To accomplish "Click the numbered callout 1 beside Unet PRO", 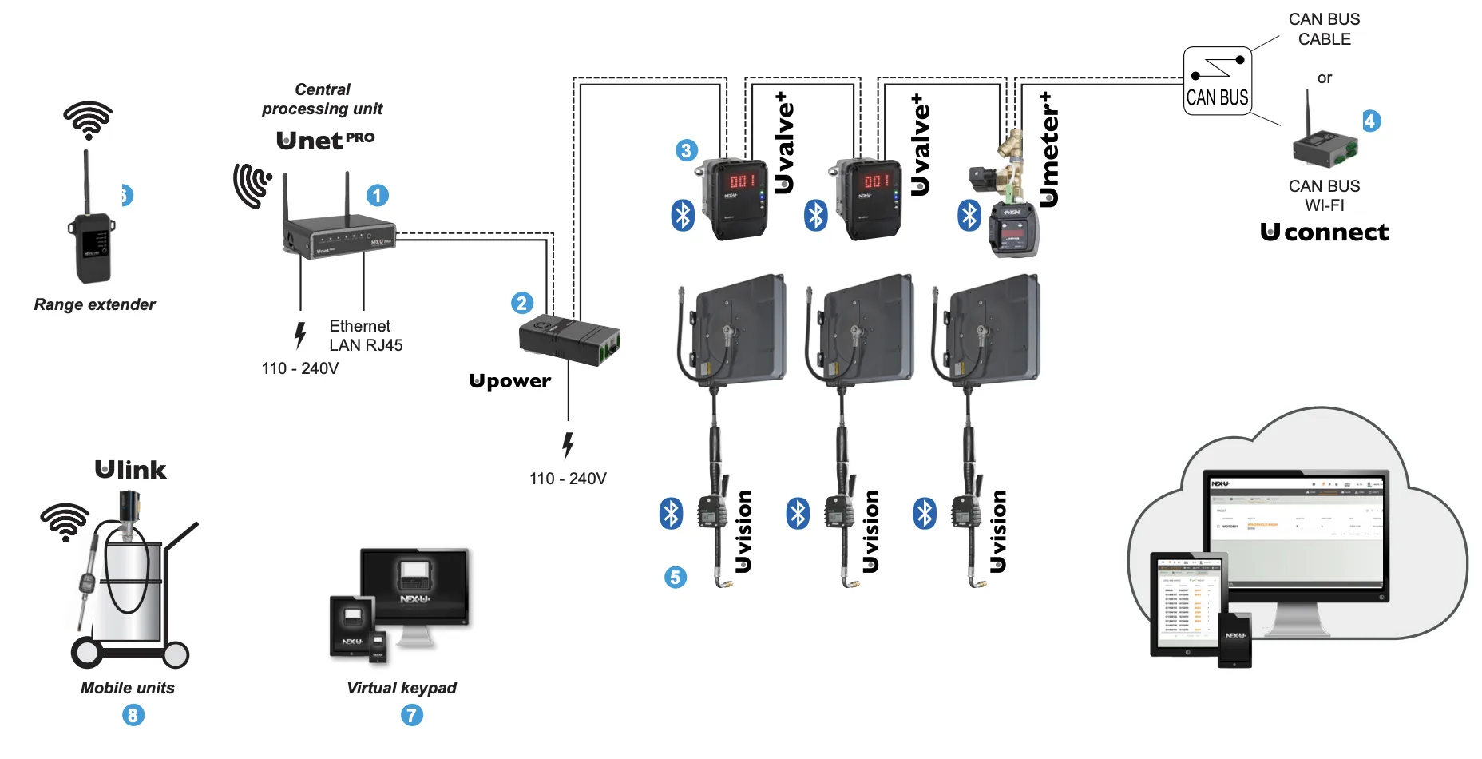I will [x=378, y=195].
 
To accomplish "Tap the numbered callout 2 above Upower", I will [x=522, y=303].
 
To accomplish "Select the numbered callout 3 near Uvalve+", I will [x=687, y=150].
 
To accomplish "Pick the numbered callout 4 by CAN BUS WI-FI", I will [x=1371, y=121].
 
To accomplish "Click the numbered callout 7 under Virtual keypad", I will [x=412, y=714].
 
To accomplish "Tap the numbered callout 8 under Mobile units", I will [x=133, y=714].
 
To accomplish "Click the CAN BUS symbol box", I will [x=1217, y=81].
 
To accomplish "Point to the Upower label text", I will [x=509, y=381].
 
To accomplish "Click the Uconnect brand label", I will [x=1325, y=232].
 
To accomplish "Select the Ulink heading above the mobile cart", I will [x=131, y=469].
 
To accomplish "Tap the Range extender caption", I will [x=94, y=304].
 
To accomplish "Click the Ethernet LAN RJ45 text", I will [x=366, y=336].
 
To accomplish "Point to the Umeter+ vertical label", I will [x=1049, y=149].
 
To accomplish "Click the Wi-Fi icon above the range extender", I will [x=88, y=120].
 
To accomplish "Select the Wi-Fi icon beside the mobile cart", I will [x=65, y=522].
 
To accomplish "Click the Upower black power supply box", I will [x=569, y=340].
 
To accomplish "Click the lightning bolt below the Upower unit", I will [x=568, y=445].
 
